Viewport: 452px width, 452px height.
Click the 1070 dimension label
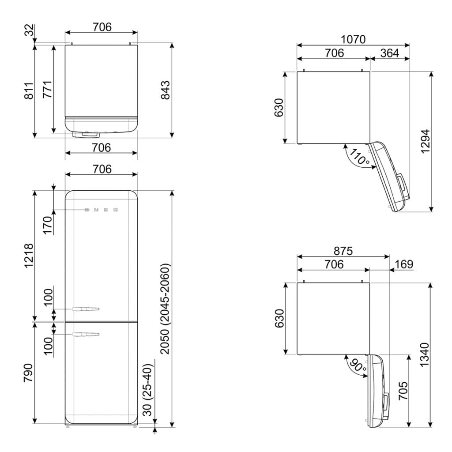point(353,39)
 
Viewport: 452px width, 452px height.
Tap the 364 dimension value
point(389,53)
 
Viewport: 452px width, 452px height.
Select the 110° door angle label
point(359,157)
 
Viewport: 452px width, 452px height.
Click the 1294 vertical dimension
point(426,142)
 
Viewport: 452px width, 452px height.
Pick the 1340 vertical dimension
point(425,354)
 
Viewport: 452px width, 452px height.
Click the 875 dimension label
point(343,251)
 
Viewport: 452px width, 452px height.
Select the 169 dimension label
point(404,264)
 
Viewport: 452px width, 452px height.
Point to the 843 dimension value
point(166,90)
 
